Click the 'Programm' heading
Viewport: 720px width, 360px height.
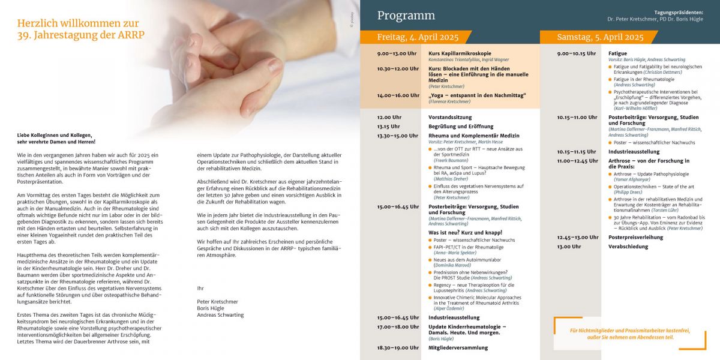pyautogui.click(x=406, y=16)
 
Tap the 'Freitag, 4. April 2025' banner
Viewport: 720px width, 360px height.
pyautogui.click(x=418, y=37)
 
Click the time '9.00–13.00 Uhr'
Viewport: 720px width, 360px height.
pyautogui.click(x=397, y=53)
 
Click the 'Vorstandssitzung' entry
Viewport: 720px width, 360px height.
pyautogui.click(x=450, y=117)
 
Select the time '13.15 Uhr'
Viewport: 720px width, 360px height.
pyautogui.click(x=388, y=127)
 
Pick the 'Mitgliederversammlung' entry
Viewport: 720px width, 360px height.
pyautogui.click(x=458, y=347)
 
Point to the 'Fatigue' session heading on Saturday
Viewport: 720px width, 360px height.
pyautogui.click(x=617, y=53)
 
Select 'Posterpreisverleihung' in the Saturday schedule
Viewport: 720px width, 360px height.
pyautogui.click(x=635, y=237)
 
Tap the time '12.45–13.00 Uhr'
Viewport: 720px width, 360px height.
pyautogui.click(x=577, y=237)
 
